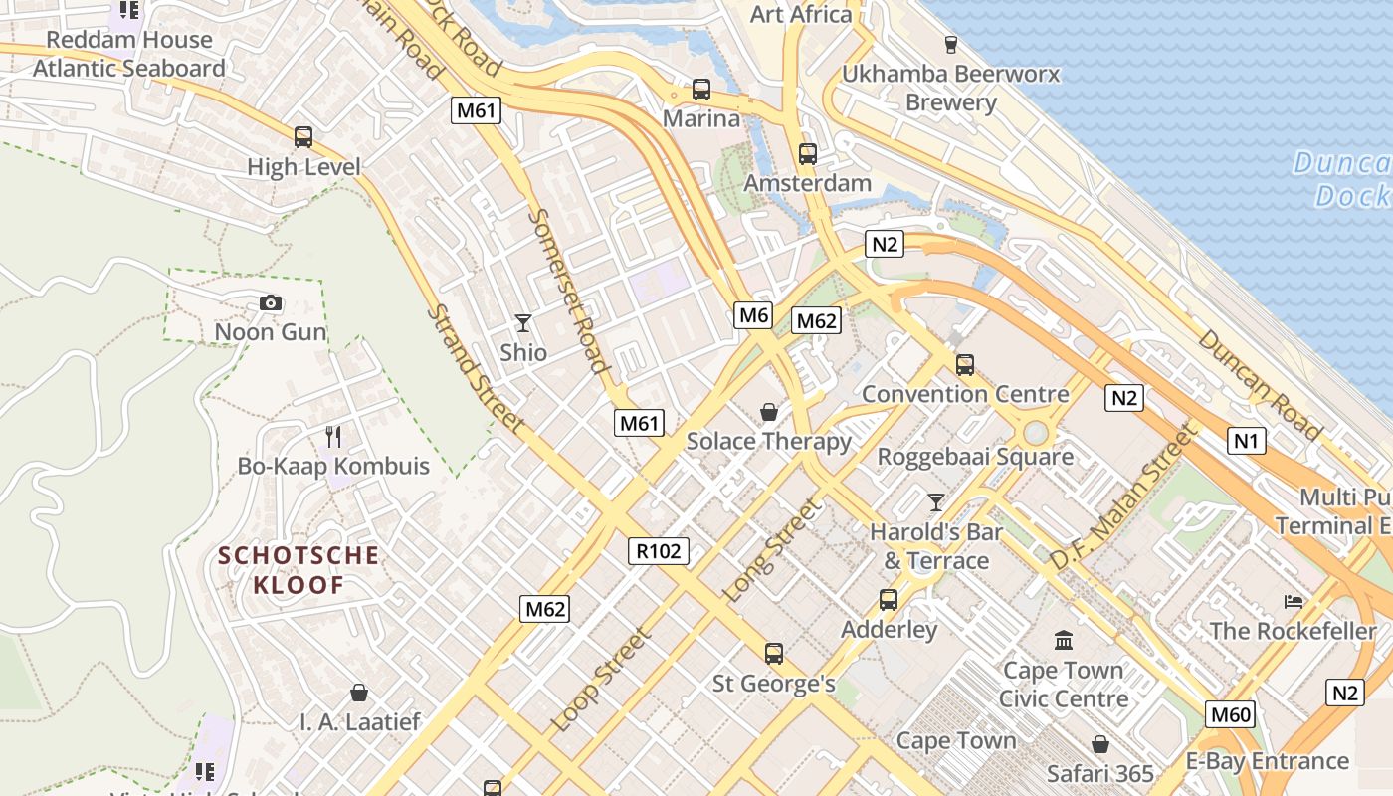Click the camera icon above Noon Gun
pos(270,303)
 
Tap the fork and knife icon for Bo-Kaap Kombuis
pos(333,436)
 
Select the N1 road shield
pos(1246,440)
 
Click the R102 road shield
pos(659,551)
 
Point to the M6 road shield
pos(753,316)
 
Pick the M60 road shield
pos(1231,714)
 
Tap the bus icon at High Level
pos(303,137)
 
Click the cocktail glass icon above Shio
pos(523,323)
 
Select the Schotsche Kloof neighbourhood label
pos(298,570)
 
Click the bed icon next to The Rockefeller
pos(1293,602)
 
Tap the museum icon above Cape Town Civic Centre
pos(1064,640)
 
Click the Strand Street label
pos(475,368)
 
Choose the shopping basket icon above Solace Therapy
pos(769,412)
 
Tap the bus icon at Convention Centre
pos(964,365)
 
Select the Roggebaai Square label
pos(974,457)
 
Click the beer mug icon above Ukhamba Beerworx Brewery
pos(950,45)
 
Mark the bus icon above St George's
pos(774,654)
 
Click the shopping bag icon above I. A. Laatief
pos(359,693)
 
